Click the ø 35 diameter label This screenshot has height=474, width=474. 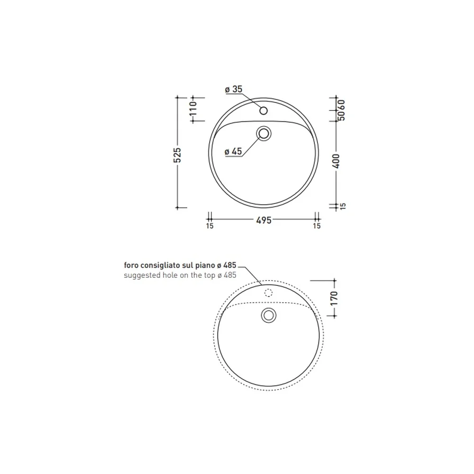[x=234, y=89]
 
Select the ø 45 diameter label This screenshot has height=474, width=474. [x=233, y=151]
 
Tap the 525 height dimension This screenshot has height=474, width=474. [x=177, y=155]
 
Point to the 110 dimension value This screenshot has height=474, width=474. [x=193, y=108]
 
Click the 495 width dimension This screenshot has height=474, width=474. [x=264, y=220]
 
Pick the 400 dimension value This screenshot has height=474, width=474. [x=337, y=161]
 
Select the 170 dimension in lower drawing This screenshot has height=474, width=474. [x=334, y=298]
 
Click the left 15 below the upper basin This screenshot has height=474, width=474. [x=210, y=226]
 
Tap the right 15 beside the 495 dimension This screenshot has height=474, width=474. [x=317, y=226]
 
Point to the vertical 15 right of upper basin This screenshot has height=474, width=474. [x=343, y=206]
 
